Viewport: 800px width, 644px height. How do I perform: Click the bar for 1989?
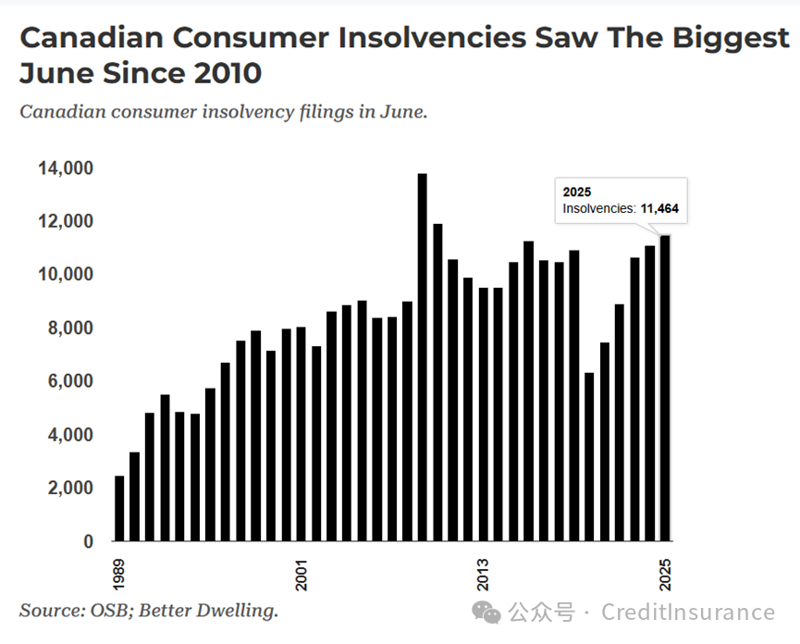click(x=119, y=508)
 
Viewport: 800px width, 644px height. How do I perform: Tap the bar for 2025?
click(x=665, y=389)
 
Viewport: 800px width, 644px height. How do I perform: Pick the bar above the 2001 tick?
click(x=302, y=434)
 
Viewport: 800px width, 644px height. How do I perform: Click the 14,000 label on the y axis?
click(x=66, y=168)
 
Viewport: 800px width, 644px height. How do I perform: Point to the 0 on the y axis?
click(x=89, y=541)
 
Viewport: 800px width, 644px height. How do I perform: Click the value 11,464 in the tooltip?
click(x=659, y=209)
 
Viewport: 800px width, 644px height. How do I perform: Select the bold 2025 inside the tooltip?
click(x=577, y=192)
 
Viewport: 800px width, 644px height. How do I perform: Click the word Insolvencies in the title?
click(x=434, y=38)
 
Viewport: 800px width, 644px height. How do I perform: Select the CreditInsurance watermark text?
click(x=688, y=613)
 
